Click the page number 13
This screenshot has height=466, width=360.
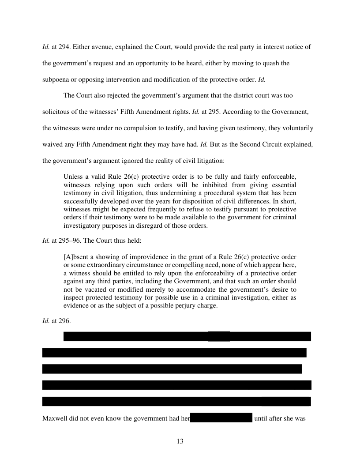(180, 441)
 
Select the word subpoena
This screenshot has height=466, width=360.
(56, 79)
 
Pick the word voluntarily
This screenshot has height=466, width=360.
(298, 128)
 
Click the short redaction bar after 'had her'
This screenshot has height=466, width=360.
(221, 418)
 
